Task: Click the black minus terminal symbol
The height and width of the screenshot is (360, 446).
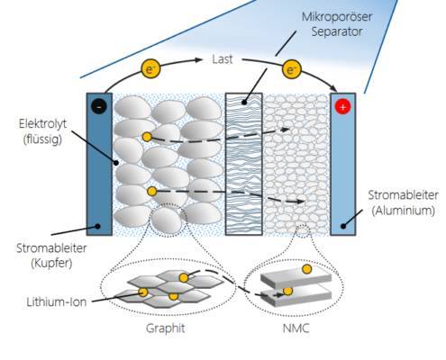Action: [99, 106]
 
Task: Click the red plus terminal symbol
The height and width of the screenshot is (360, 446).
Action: [342, 107]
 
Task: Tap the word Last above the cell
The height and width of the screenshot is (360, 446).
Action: [223, 59]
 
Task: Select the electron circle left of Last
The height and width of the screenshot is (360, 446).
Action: [150, 68]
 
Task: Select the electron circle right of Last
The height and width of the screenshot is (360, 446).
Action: [291, 69]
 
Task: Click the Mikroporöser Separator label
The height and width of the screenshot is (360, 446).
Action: [337, 24]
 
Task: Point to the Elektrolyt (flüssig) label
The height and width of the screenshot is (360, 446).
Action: [42, 131]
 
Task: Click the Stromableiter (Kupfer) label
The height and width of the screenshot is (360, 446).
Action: [51, 256]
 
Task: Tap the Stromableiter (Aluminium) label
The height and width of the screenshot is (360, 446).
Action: [403, 202]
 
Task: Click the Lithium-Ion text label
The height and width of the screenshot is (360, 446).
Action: [57, 301]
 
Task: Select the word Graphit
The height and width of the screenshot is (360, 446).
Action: [165, 328]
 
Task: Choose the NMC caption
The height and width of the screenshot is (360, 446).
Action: [296, 328]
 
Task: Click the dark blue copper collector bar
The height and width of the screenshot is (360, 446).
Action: [99, 164]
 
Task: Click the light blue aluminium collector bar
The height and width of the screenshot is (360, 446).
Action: [343, 164]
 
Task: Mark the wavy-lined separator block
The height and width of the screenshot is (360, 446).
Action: [244, 164]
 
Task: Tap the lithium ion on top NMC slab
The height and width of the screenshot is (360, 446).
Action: [306, 269]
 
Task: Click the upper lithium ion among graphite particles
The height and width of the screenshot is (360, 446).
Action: [147, 137]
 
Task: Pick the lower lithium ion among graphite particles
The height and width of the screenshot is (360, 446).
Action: [152, 191]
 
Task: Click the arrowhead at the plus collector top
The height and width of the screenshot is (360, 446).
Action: [333, 88]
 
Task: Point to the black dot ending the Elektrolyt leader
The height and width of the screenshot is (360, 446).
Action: [116, 163]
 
